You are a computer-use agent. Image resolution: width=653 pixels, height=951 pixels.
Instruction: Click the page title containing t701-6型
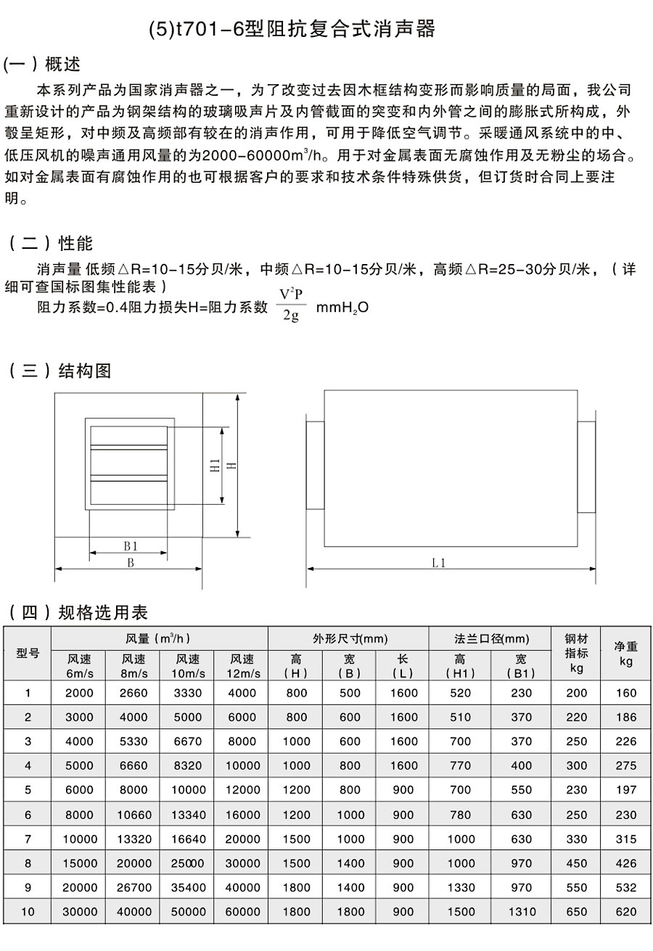point(292,30)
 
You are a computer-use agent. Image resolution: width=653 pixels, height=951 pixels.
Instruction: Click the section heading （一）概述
point(43,65)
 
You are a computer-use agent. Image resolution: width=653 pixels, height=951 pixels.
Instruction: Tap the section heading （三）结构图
point(60,371)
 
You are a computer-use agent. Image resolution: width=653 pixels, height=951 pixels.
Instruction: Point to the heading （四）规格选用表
point(78,613)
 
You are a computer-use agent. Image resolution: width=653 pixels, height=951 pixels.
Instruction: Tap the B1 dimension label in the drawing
point(130,546)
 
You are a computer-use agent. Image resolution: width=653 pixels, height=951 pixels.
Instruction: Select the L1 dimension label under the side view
point(438,562)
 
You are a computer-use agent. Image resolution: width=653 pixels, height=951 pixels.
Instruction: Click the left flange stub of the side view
point(315,465)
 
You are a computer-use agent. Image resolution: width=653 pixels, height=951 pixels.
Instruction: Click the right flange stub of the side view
point(586,465)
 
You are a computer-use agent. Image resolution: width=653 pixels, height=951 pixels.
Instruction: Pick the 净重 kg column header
point(625,653)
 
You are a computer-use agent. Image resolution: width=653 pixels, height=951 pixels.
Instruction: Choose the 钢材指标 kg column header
point(576,653)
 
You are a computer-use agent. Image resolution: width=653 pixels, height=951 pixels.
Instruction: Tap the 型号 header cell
point(28,653)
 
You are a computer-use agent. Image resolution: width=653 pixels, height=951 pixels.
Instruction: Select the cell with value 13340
point(188,815)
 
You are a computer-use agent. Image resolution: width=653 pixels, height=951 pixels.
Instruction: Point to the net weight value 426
point(625,863)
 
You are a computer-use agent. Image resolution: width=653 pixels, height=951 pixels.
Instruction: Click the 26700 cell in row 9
point(134,887)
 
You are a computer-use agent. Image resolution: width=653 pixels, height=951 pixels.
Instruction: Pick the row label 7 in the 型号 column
point(28,839)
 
